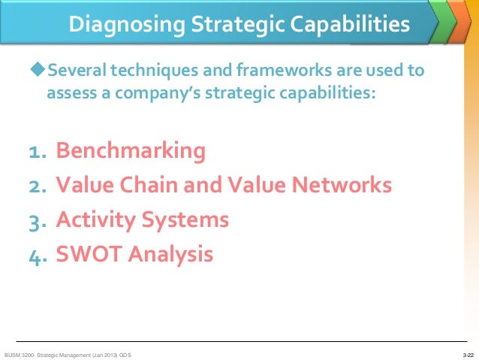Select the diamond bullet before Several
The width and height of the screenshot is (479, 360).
point(38,71)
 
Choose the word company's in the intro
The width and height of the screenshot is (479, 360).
point(167,95)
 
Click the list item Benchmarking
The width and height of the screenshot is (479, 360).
point(131,151)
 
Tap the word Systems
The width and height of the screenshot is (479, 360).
point(189,221)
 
